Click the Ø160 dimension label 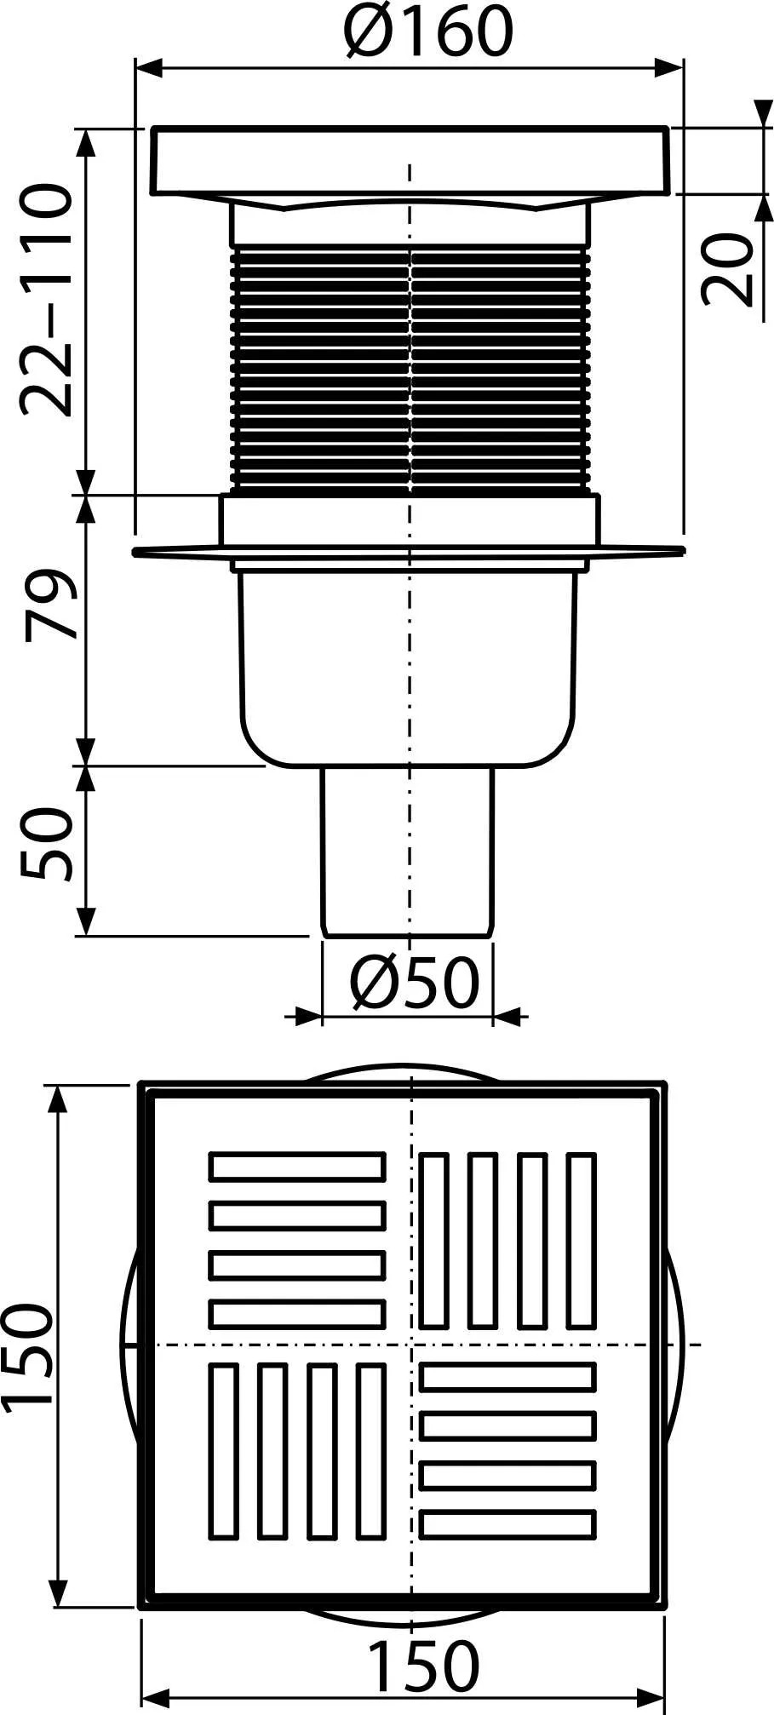click(429, 30)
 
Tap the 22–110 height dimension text click(46, 301)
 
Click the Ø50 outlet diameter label click(415, 983)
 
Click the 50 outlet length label click(46, 844)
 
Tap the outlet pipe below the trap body click(407, 852)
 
